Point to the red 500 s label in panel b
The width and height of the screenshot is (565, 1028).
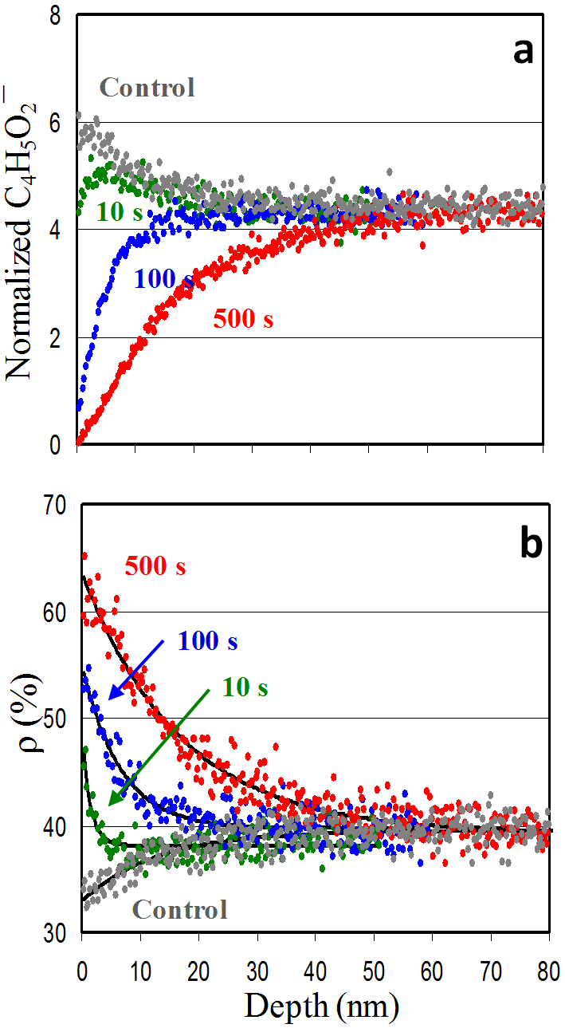click(x=155, y=567)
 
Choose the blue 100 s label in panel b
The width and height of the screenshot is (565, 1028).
click(x=208, y=640)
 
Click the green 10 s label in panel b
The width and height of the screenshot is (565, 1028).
click(x=245, y=687)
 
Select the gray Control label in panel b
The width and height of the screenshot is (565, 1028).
click(x=179, y=908)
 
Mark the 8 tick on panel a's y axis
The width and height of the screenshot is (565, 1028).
click(x=57, y=16)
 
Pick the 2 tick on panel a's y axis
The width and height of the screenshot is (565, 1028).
click(x=57, y=338)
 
